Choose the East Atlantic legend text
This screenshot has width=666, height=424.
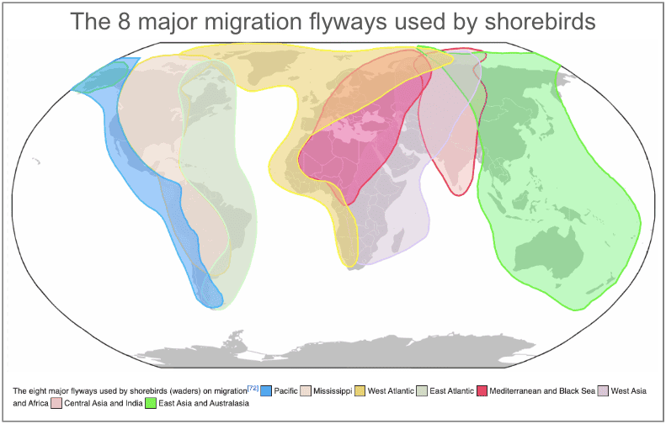coord(452,391)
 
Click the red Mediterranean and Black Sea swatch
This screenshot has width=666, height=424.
coord(483,391)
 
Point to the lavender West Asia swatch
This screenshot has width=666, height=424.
coord(602,391)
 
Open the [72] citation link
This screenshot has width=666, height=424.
coord(253,388)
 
